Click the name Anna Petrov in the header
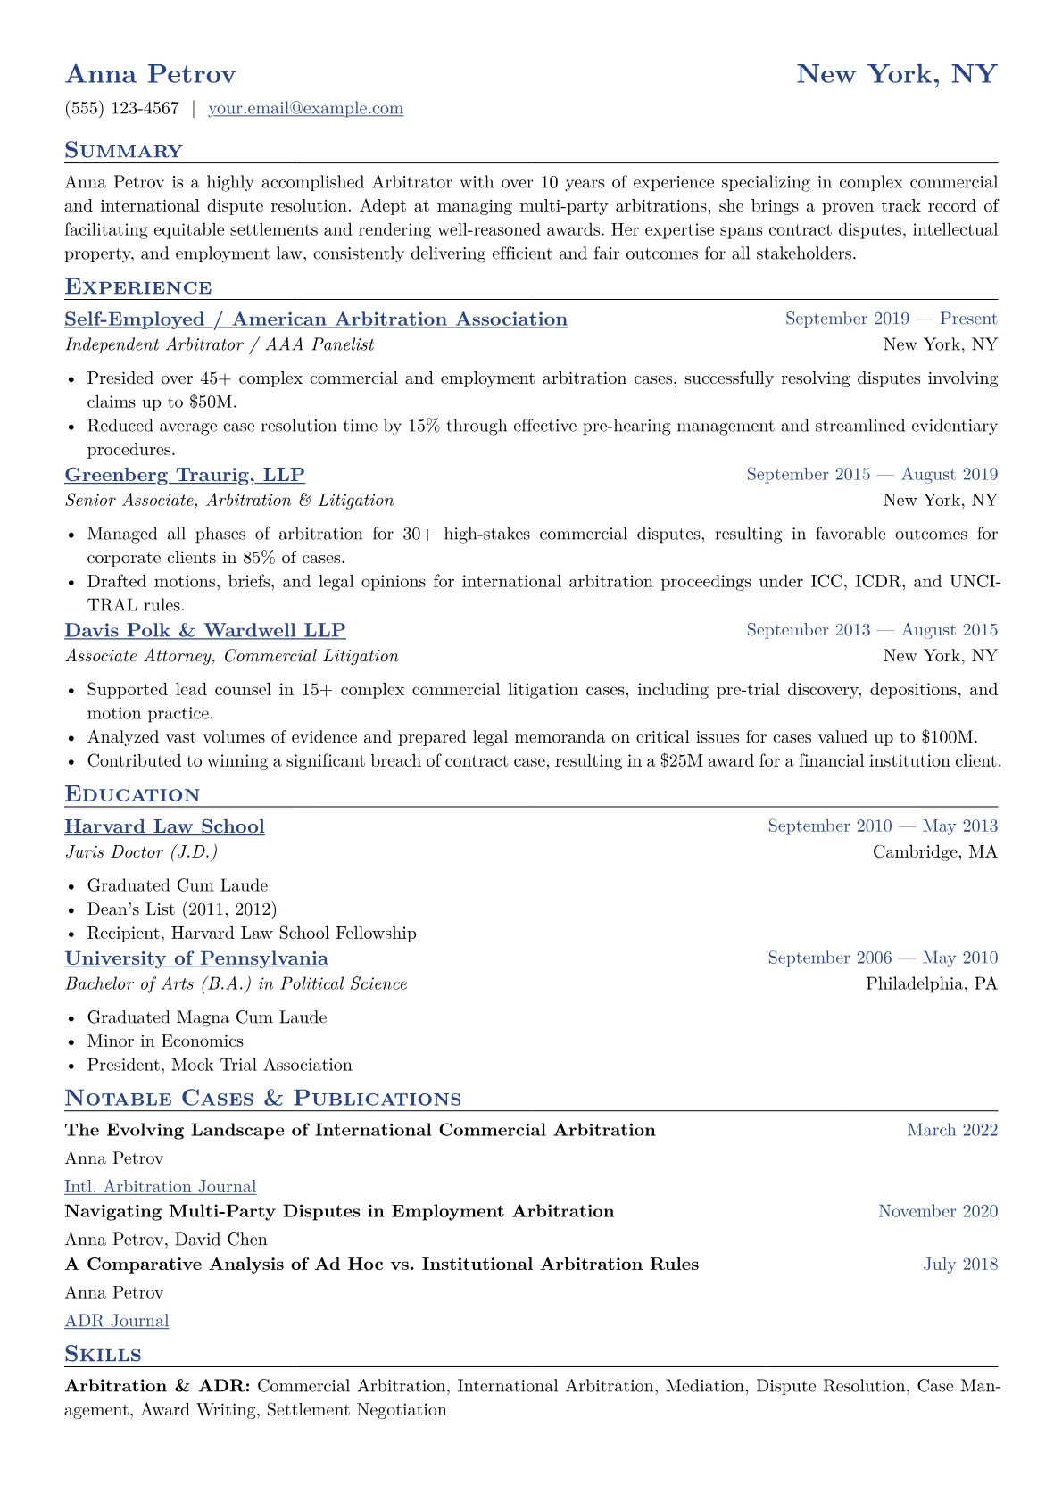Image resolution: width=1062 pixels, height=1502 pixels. pos(150,74)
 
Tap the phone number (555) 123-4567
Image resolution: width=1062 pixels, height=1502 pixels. pos(122,109)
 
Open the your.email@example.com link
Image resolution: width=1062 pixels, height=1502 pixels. pos(305,109)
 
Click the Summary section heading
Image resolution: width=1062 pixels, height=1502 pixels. pos(123,151)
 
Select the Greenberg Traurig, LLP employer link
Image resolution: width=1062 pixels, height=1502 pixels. pos(185,475)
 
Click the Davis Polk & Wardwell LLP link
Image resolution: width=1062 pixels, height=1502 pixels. pos(204,630)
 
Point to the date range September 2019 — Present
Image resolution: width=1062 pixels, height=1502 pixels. pos(891,319)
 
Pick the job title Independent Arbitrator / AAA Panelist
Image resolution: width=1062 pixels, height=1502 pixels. pos(220,344)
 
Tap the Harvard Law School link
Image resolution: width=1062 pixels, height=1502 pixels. pos(164,826)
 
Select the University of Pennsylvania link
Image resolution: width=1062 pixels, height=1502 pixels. pos(196,958)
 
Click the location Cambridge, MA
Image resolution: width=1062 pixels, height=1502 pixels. pos(934,852)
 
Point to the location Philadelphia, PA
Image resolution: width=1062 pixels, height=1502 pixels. pos(931,984)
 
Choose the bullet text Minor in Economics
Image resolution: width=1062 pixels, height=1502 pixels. pos(165,1041)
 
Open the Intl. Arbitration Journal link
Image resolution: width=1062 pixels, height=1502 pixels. pos(161,1187)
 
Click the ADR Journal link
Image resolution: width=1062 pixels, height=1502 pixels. pos(117,1321)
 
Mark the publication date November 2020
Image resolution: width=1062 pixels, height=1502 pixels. pos(937,1212)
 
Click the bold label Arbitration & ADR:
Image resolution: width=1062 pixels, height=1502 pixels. pos(158,1387)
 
